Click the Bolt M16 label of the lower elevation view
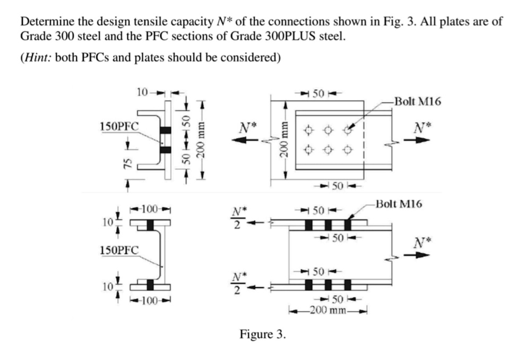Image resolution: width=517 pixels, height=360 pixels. click(399, 203)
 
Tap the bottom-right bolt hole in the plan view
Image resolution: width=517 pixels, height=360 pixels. click(348, 150)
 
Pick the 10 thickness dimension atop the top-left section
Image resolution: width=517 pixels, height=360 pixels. click(142, 92)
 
